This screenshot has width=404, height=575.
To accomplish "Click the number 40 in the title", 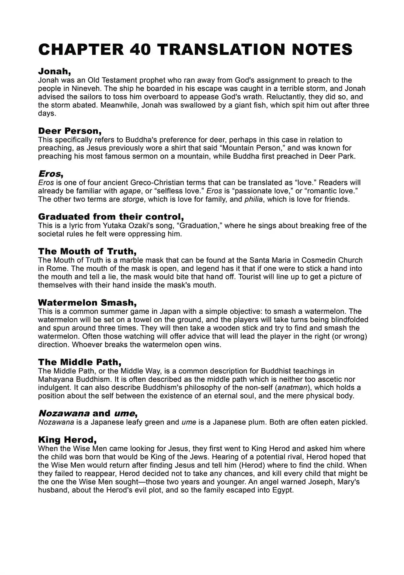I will (x=140, y=50).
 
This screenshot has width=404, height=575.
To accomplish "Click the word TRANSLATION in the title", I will (x=222, y=50).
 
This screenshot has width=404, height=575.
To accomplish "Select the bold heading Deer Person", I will (x=70, y=131).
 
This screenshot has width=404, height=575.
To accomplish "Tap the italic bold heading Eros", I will (x=50, y=174).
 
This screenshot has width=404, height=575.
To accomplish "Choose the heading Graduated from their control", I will (x=111, y=217).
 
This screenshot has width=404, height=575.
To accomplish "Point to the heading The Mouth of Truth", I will (x=87, y=251).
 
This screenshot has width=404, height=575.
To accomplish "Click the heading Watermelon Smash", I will (x=87, y=302).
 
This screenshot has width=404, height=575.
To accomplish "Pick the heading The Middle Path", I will (x=80, y=362).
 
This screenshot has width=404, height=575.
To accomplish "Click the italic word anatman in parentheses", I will (x=293, y=387).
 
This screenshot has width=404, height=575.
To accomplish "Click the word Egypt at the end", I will (x=282, y=490).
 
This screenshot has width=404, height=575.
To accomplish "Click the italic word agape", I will (x=130, y=191).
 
